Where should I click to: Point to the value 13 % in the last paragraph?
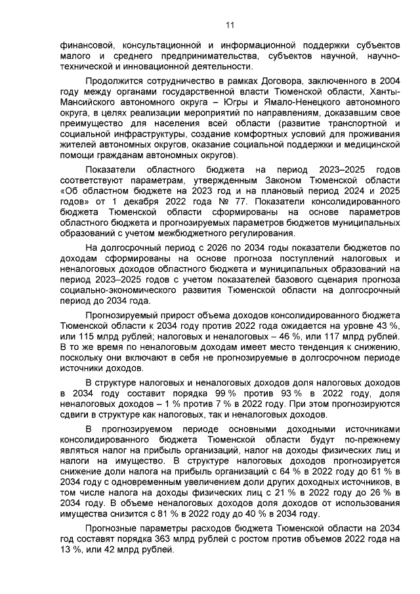(64, 549)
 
